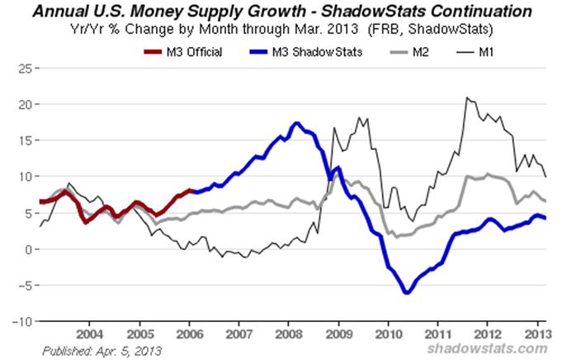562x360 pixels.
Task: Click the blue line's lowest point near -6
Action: pyautogui.click(x=406, y=292)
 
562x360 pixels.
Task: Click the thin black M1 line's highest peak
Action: pyautogui.click(x=467, y=97)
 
